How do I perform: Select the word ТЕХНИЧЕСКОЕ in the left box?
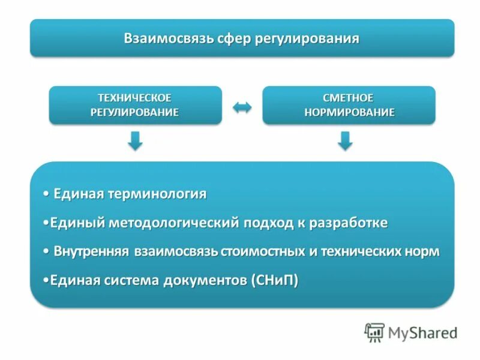pos(135,97)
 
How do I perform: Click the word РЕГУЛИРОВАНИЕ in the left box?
pos(135,112)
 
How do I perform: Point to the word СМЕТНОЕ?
pos(349,97)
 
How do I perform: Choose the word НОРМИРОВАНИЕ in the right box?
pos(349,112)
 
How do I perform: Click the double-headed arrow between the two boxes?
pos(242,107)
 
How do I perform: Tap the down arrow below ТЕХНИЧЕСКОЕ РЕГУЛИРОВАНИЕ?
pos(136,142)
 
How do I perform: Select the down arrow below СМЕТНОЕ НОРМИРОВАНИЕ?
pos(344,142)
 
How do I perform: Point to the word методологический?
pos(174,223)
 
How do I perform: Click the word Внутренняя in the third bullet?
pos(92,251)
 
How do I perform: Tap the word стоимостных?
pos(265,251)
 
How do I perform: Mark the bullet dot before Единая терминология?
pos(47,194)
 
